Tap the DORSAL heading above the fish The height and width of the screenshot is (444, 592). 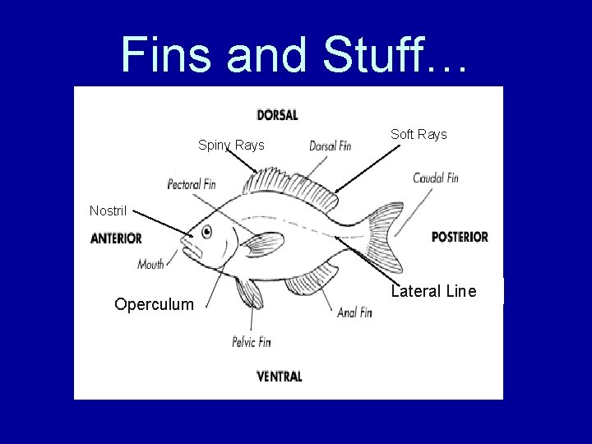click(277, 115)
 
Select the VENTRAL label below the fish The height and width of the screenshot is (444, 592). click(280, 377)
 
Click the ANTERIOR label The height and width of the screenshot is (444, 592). click(117, 238)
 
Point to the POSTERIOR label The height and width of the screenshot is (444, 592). click(460, 237)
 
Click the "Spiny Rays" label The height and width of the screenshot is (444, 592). click(231, 146)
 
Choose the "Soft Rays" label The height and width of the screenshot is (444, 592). click(419, 134)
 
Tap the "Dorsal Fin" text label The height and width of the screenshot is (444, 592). click(330, 146)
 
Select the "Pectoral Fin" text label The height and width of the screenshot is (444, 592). click(192, 184)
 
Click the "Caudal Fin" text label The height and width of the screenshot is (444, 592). click(436, 178)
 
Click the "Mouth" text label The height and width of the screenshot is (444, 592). click(151, 264)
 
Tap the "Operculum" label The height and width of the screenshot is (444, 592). click(155, 304)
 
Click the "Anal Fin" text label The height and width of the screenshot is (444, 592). click(354, 312)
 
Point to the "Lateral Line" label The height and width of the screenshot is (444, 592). click(433, 291)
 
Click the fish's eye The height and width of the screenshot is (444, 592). click(205, 233)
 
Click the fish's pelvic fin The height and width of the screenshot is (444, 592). click(247, 293)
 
